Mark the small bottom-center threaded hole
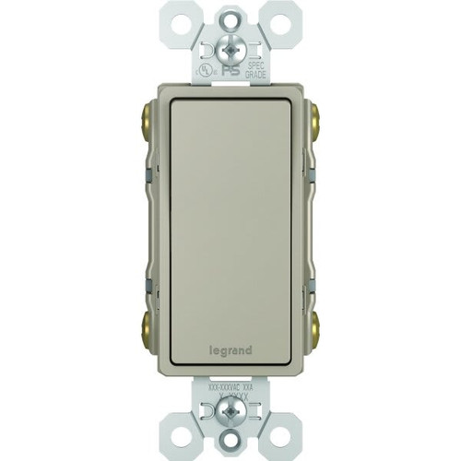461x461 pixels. tap(230, 442)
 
